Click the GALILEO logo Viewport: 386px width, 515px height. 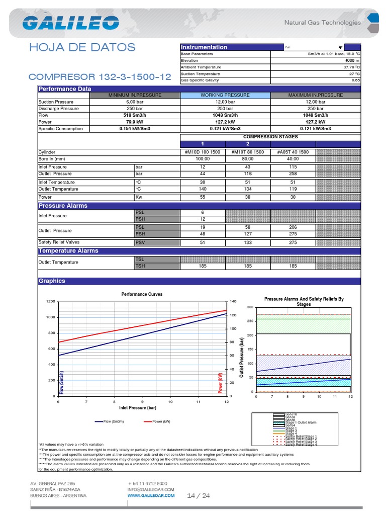coord(70,23)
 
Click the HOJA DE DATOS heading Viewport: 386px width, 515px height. coord(82,47)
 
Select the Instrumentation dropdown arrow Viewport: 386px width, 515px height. coord(340,47)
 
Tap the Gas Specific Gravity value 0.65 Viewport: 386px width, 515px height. coord(356,80)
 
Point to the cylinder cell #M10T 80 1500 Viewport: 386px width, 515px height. coord(247,152)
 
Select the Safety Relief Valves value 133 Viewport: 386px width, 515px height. coord(247,242)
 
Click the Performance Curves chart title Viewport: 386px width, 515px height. coord(142,294)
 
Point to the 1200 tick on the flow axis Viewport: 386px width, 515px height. coord(50,301)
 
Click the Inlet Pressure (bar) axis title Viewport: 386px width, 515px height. coord(138,407)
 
